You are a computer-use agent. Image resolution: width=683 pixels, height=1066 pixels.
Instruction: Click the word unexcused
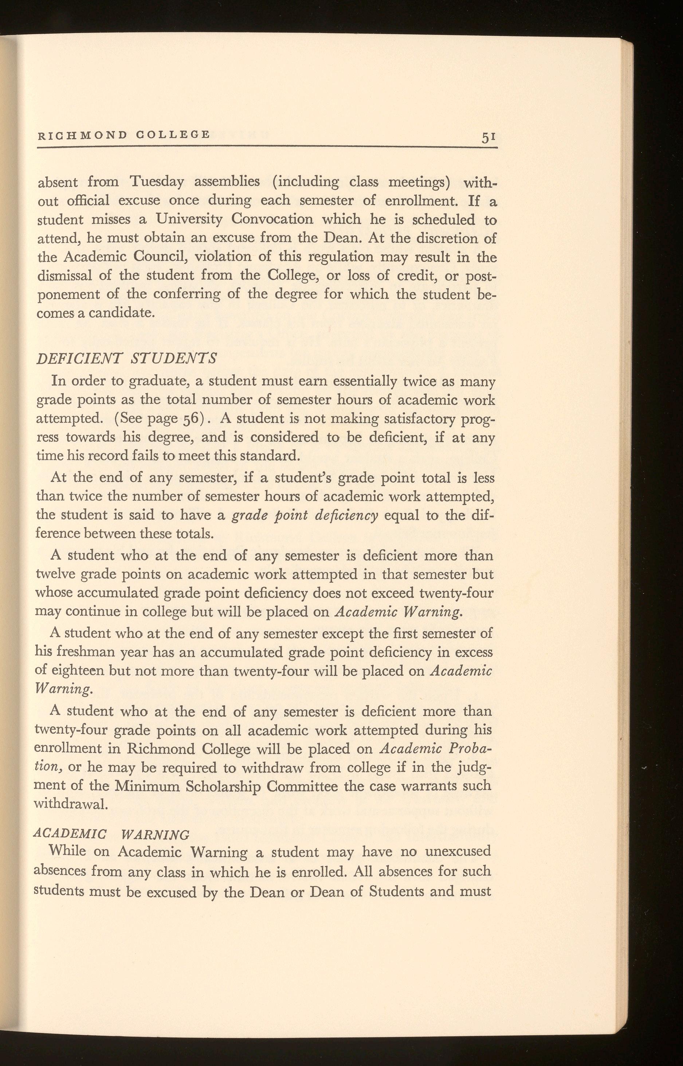click(458, 851)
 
